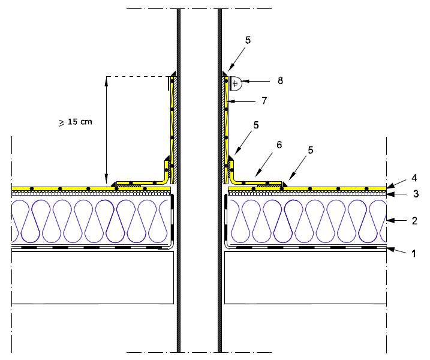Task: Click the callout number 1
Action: point(413,254)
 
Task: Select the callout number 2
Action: point(413,220)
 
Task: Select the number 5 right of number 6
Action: point(311,151)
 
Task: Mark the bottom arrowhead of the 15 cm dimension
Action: point(106,181)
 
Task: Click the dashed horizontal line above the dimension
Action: point(138,76)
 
